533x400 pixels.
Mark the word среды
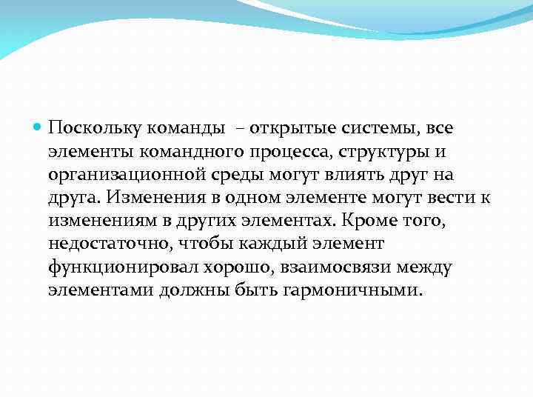click(x=229, y=176)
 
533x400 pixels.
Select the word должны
click(x=195, y=290)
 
